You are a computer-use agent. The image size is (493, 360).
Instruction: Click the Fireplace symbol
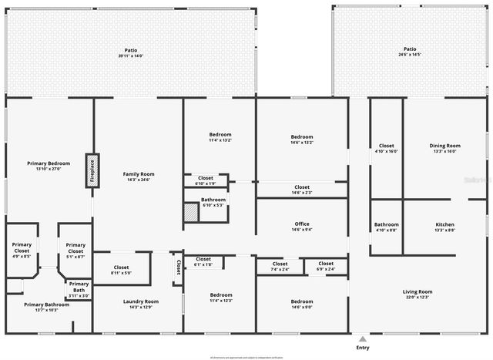pyautogui.click(x=90, y=170)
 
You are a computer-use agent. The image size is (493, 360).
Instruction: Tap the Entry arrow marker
pyautogui.click(x=363, y=338)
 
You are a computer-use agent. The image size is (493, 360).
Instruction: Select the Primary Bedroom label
pyautogui.click(x=49, y=163)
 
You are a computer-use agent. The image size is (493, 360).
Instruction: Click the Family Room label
pyautogui.click(x=139, y=174)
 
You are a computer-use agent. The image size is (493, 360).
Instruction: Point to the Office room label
pyautogui.click(x=300, y=224)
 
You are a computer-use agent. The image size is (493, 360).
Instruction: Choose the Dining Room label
pyautogui.click(x=444, y=146)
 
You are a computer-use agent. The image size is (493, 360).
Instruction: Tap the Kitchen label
pyautogui.click(x=445, y=225)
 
